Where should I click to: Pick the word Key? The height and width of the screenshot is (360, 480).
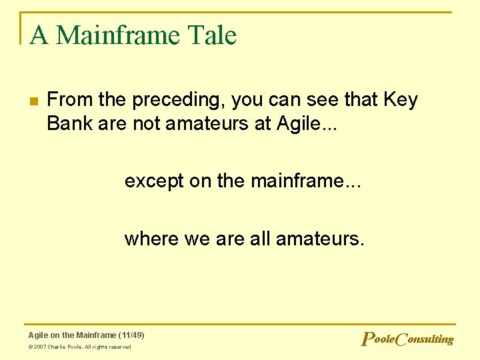[x=401, y=100]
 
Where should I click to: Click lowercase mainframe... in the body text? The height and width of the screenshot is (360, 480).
[x=306, y=181]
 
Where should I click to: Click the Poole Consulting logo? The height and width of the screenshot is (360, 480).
[x=407, y=339]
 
